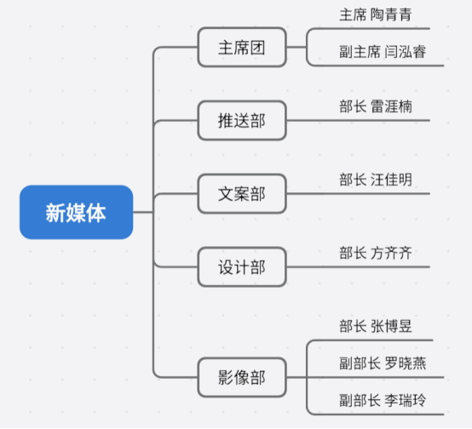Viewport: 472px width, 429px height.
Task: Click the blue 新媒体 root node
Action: pyautogui.click(x=76, y=213)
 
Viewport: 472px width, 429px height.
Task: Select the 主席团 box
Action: pyautogui.click(x=242, y=47)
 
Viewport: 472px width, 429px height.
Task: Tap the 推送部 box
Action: pyautogui.click(x=242, y=121)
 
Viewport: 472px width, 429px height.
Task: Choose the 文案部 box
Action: pyautogui.click(x=242, y=194)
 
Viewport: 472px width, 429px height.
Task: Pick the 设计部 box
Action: pyautogui.click(x=242, y=267)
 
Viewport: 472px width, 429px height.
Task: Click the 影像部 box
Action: pyautogui.click(x=242, y=377)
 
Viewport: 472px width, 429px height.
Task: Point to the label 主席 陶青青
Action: pyautogui.click(x=376, y=14)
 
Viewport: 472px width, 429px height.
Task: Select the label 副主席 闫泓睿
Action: pyautogui.click(x=383, y=51)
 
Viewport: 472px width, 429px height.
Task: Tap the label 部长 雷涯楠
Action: pyautogui.click(x=376, y=106)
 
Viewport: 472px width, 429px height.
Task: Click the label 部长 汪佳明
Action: pyautogui.click(x=376, y=180)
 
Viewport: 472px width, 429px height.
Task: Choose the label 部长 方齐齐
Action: pyautogui.click(x=376, y=253)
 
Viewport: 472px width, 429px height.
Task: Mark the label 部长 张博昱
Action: pyautogui.click(x=376, y=326)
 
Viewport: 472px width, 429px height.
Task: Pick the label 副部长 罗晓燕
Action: pyautogui.click(x=383, y=363)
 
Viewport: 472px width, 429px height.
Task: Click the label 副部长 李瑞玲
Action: pyautogui.click(x=383, y=400)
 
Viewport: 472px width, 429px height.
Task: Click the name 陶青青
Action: pyautogui.click(x=391, y=14)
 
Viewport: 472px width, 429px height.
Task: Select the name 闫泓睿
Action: pyautogui.click(x=406, y=51)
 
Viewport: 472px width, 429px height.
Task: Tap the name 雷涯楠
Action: pyautogui.click(x=391, y=106)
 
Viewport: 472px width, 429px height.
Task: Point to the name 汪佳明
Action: pyautogui.click(x=391, y=180)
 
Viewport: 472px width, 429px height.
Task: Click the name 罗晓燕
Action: pyautogui.click(x=406, y=363)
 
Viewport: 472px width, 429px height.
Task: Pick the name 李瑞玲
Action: pyautogui.click(x=406, y=400)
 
